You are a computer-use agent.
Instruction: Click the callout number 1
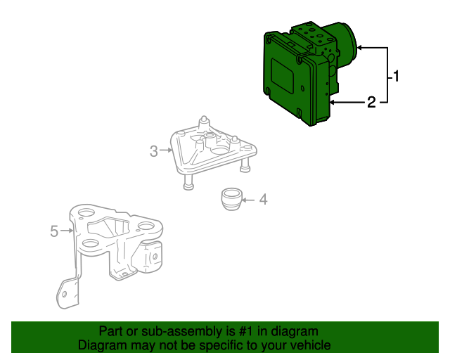coord(397,76)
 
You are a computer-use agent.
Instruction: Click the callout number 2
coord(371,103)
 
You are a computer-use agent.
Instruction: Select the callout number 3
coord(154,150)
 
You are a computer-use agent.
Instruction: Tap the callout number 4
coord(263,200)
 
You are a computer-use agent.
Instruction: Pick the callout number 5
coord(54,230)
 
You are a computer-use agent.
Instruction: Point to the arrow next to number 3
coord(166,150)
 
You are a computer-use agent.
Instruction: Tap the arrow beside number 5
coord(67,230)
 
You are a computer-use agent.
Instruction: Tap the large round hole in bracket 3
coord(219,150)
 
